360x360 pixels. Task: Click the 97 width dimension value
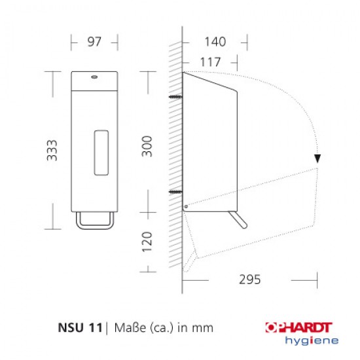(94, 42)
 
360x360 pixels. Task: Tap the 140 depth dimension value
(215, 42)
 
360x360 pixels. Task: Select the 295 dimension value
(249, 279)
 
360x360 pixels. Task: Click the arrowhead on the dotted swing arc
(317, 158)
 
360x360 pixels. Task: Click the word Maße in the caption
(128, 327)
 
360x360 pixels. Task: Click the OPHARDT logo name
(303, 327)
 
